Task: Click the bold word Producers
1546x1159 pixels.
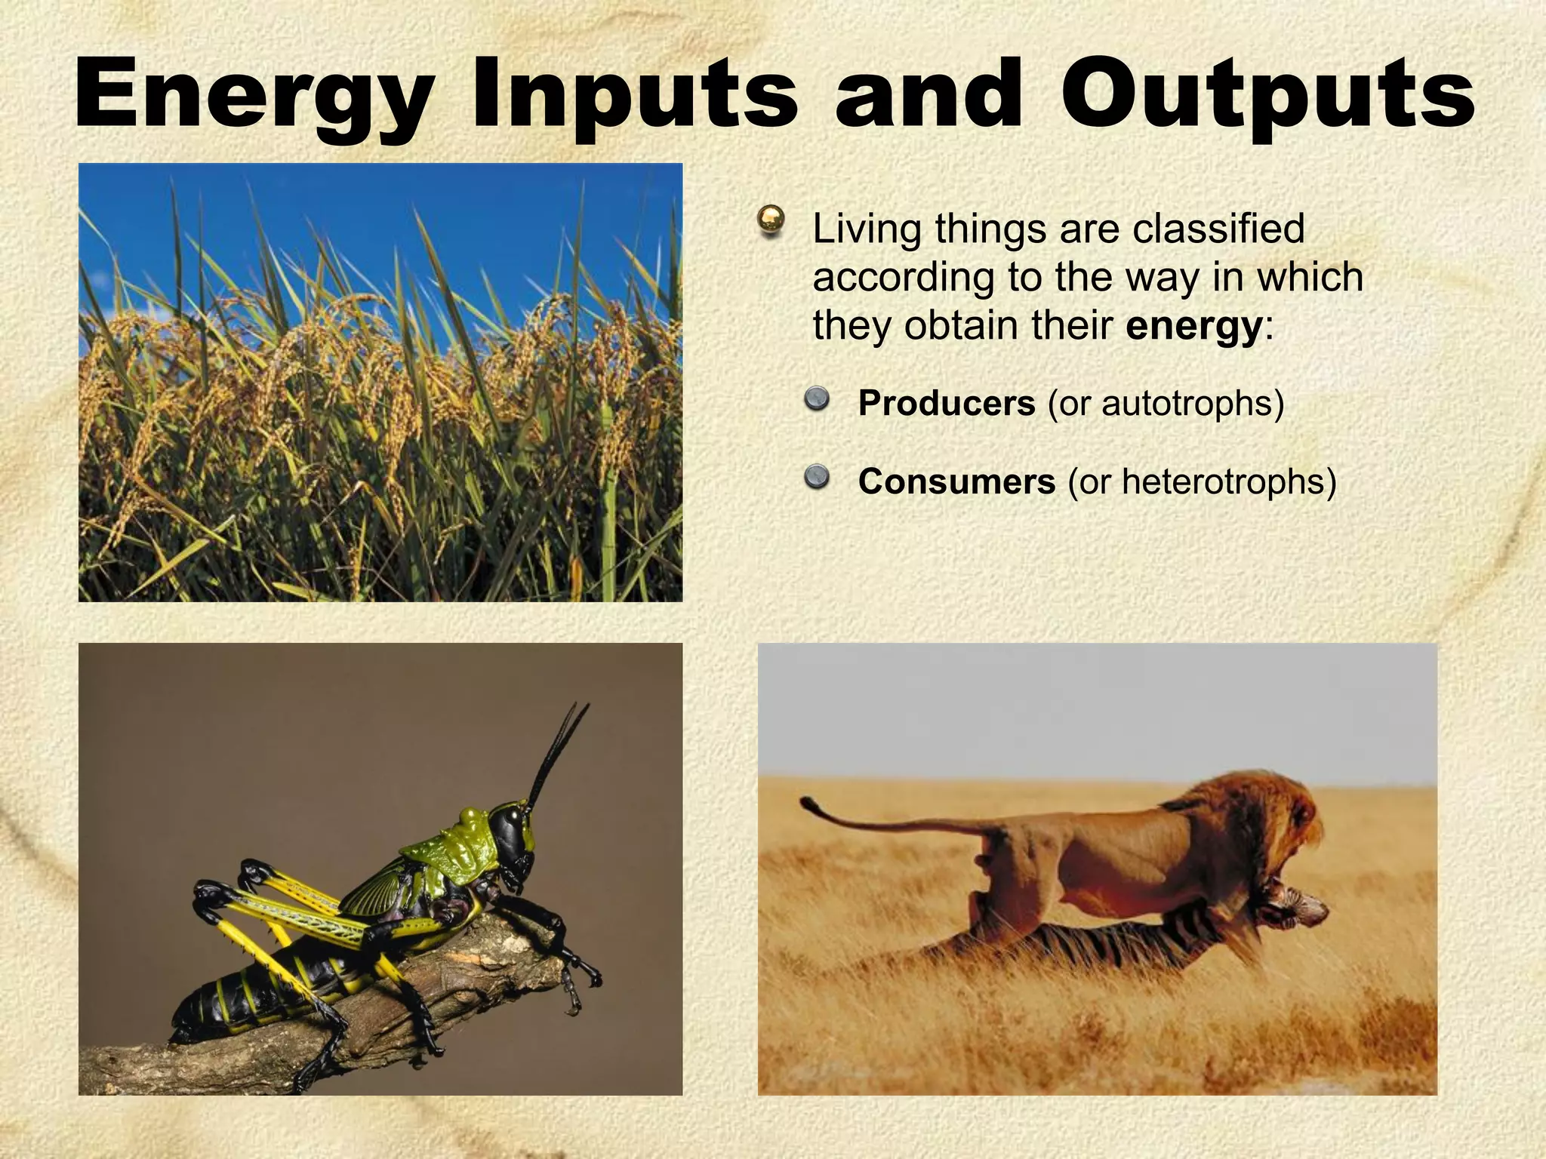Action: [947, 404]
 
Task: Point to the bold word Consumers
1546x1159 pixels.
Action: [956, 481]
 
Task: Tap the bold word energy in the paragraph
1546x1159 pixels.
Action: [1193, 327]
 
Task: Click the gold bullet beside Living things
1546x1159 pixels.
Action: [771, 220]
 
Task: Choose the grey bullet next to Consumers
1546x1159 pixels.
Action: [815, 476]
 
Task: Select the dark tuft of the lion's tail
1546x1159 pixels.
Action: [809, 804]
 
